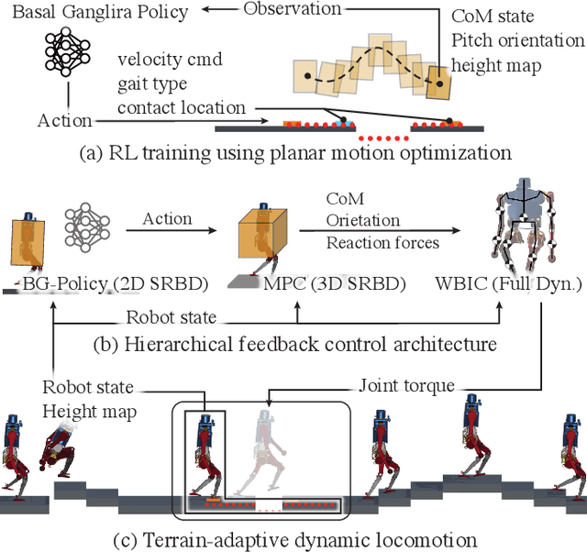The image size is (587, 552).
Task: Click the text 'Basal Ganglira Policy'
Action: [94, 13]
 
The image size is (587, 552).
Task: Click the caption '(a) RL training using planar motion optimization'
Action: [293, 151]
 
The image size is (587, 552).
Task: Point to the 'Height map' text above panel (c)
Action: [88, 412]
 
